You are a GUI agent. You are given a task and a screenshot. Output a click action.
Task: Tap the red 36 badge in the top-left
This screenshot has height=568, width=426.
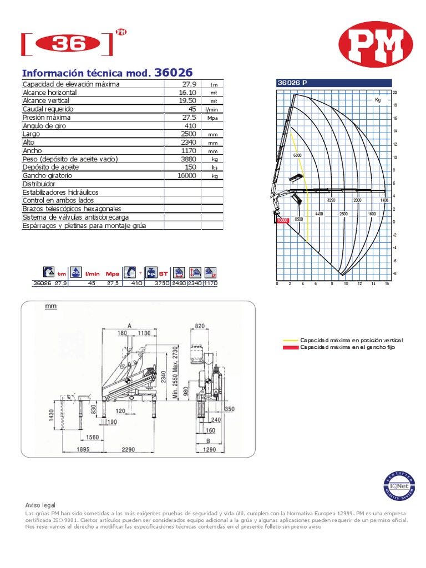tap(67, 45)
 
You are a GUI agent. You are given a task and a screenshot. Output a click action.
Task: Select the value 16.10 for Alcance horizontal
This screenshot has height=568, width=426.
tap(187, 93)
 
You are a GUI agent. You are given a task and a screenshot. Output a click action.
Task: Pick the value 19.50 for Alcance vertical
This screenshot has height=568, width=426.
tap(187, 101)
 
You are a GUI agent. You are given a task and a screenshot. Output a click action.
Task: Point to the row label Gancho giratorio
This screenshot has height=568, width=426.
tap(47, 175)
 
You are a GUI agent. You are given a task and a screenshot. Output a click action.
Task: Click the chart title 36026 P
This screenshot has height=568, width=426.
tap(292, 83)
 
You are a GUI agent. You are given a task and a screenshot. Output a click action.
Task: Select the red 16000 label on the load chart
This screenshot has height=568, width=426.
tap(283, 220)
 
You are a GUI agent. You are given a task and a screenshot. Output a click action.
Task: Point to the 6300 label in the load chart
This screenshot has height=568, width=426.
tap(297, 155)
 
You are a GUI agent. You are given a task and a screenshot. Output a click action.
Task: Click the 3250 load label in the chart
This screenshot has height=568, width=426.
tap(332, 200)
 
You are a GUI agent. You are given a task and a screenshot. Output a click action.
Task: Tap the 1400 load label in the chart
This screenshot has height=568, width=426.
tap(384, 200)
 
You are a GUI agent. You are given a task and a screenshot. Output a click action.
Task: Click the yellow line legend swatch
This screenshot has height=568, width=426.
tap(291, 340)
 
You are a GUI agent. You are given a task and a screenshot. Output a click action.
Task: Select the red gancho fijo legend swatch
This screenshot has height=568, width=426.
tap(291, 347)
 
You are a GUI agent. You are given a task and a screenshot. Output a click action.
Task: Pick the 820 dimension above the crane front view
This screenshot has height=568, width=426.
tap(200, 326)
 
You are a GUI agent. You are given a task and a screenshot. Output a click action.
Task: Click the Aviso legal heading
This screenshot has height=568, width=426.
tap(40, 505)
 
